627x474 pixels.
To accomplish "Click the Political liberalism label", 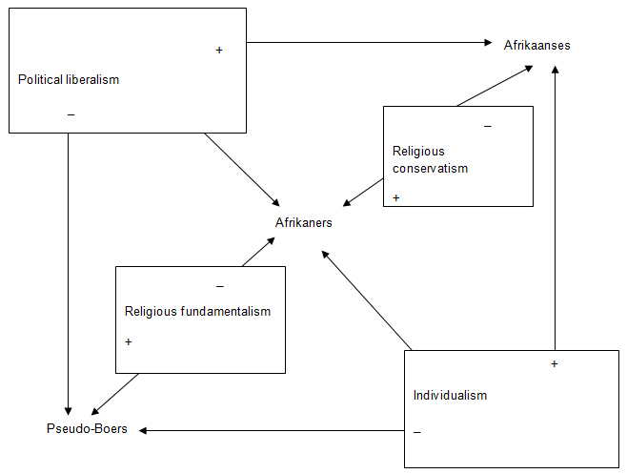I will (x=69, y=79).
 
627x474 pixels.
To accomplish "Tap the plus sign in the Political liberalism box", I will (x=219, y=50).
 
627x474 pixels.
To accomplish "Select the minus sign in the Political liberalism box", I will (x=71, y=115).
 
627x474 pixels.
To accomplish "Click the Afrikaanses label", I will (x=537, y=45).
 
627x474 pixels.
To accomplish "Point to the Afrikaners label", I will (x=304, y=222).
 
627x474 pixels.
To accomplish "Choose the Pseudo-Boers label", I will (x=87, y=429).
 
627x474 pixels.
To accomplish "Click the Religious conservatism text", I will (x=430, y=159).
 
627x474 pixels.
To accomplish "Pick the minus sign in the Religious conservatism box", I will (x=488, y=127).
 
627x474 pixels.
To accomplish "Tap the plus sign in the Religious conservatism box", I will (x=395, y=197).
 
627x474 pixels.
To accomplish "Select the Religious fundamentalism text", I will (x=197, y=311).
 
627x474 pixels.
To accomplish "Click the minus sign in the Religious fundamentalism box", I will (x=220, y=286).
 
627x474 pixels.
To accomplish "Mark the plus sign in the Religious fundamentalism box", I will (x=128, y=341).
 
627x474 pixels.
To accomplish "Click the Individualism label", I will (x=450, y=395).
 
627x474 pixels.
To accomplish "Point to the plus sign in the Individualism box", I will (x=554, y=364).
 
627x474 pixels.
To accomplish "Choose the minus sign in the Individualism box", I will (x=417, y=433).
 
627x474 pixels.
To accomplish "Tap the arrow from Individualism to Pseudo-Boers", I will (x=272, y=430).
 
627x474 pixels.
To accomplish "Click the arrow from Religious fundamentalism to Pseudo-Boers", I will (x=115, y=392).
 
